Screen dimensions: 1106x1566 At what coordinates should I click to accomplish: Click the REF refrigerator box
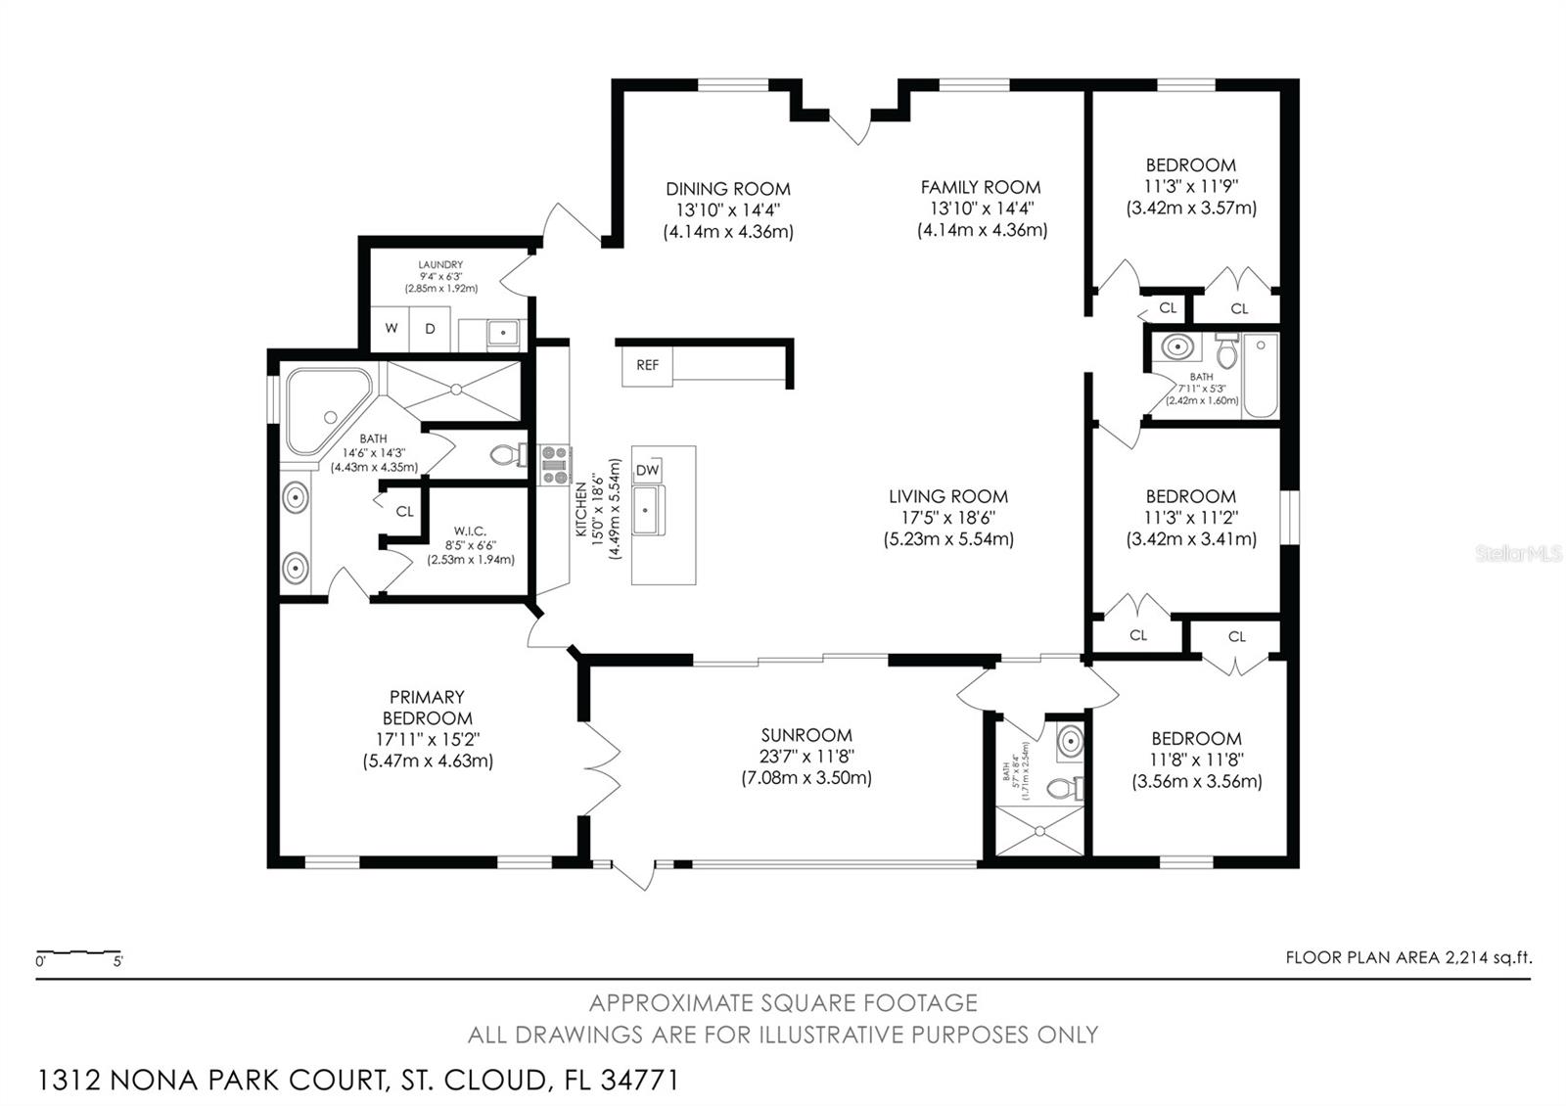tap(647, 365)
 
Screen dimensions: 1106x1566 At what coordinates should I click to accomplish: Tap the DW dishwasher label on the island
tap(647, 471)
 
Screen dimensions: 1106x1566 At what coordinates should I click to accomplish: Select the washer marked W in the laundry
tap(391, 329)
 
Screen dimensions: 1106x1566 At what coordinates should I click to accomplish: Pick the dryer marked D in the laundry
tap(429, 329)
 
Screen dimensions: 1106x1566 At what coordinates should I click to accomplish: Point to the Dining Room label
tap(727, 189)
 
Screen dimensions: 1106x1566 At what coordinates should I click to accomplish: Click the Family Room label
tap(981, 187)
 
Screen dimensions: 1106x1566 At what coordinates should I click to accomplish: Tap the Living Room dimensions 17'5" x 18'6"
tap(947, 518)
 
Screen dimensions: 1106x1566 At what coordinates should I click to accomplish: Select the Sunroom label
tap(806, 735)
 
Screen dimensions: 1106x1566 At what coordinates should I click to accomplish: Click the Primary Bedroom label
tap(427, 707)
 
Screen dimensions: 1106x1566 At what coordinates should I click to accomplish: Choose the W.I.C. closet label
tap(470, 531)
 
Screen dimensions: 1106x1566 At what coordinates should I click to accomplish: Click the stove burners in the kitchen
tap(555, 465)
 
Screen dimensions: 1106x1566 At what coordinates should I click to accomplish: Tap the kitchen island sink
tap(647, 511)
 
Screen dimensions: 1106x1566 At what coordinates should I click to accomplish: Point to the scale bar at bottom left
tap(78, 952)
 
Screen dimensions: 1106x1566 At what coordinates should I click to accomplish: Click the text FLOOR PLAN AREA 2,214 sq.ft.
tap(1408, 958)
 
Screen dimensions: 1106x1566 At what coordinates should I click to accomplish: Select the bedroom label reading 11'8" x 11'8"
tap(1196, 760)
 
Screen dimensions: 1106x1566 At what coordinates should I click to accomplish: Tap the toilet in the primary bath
tap(505, 455)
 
